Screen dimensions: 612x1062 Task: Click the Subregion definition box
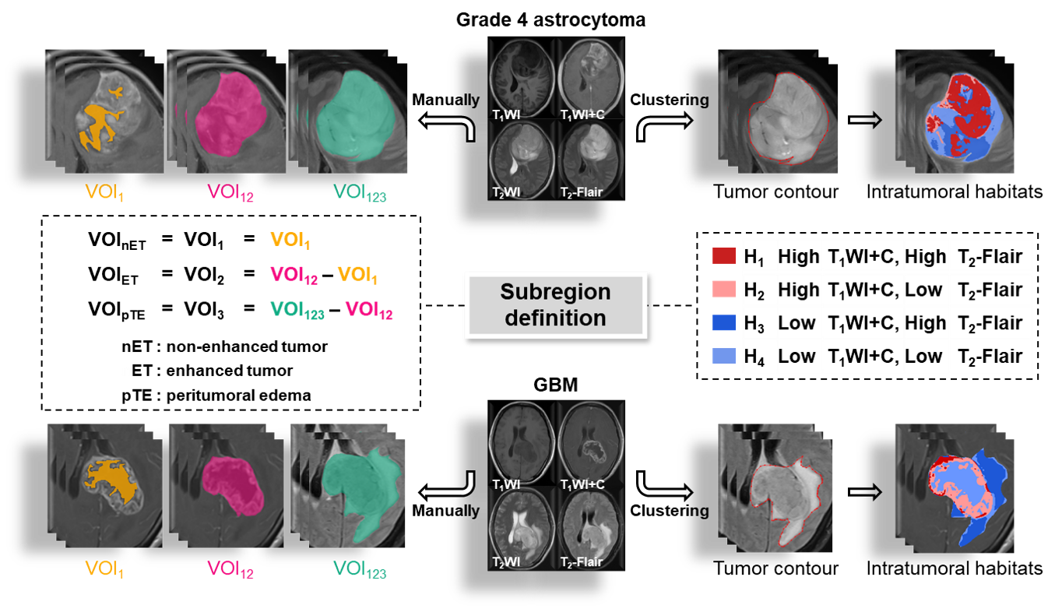555,304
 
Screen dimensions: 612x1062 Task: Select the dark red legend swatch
724,255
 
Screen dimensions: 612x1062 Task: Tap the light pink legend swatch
724,289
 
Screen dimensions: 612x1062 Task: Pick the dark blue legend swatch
724,322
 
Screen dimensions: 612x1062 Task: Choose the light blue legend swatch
724,356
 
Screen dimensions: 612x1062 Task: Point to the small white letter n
126,372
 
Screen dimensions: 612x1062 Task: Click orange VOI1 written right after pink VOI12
357,275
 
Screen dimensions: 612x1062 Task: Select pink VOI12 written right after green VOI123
369,310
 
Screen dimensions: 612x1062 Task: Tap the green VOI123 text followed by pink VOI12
297,310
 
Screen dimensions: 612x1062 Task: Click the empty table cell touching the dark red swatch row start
761,255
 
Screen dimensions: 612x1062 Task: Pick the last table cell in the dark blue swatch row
990,322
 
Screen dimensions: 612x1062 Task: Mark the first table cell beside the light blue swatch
761,356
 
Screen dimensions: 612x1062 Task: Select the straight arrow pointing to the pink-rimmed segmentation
864,491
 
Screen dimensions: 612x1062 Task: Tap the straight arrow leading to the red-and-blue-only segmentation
864,120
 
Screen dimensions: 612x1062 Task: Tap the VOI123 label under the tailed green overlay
360,570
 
